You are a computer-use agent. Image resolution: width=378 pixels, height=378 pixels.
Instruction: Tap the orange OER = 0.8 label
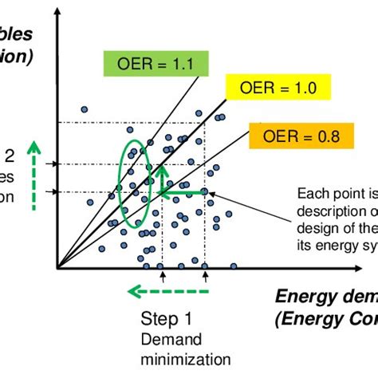[x=293, y=136]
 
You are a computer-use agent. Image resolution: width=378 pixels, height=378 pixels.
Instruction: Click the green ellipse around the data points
[x=132, y=183]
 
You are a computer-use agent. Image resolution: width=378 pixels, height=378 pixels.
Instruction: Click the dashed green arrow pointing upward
[x=33, y=176]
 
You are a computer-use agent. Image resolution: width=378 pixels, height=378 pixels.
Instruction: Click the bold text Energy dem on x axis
[x=325, y=297]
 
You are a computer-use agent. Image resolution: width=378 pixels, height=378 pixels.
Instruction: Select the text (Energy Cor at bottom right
[x=325, y=320]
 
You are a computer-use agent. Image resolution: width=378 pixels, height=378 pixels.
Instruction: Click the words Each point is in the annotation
[x=335, y=193]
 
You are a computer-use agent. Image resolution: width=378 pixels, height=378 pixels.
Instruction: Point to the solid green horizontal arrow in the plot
[x=184, y=192]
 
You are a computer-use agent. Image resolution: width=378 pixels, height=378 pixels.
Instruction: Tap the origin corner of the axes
[x=57, y=266]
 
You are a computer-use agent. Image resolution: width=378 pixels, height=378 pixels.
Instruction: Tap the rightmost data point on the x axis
[x=234, y=266]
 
